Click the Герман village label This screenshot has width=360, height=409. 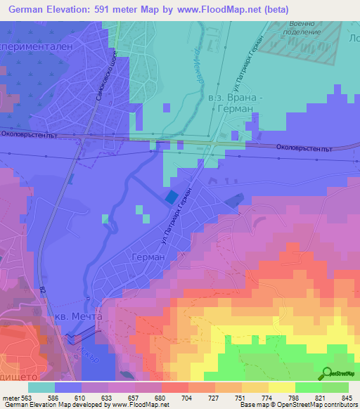click(148, 258)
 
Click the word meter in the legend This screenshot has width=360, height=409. click(10, 397)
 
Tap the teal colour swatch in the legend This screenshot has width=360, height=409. click(41, 387)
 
